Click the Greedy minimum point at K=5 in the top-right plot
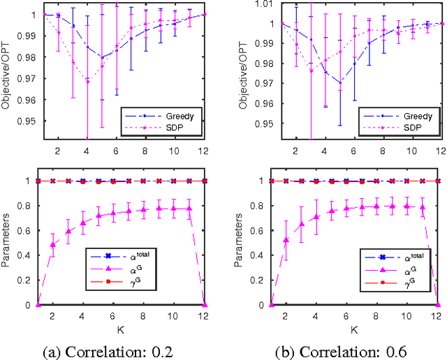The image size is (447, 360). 339,82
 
